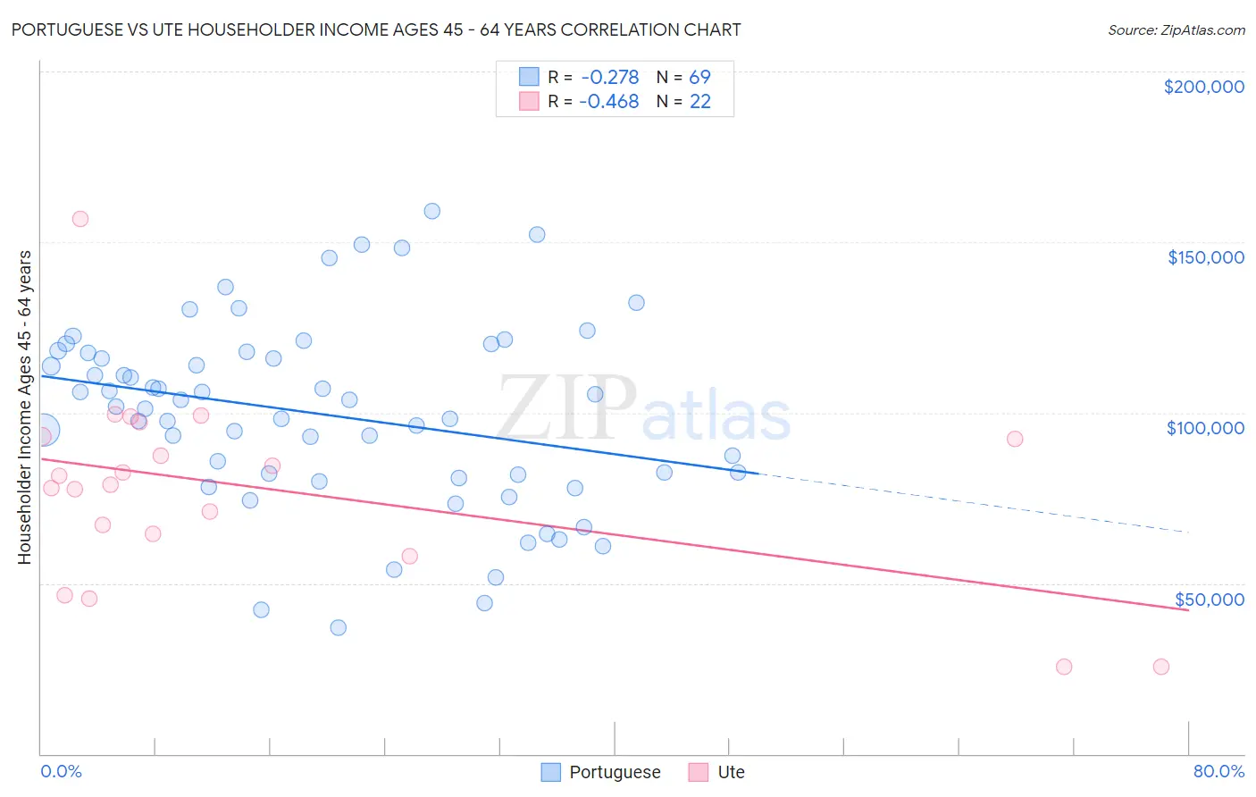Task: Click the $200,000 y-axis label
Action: point(1203,87)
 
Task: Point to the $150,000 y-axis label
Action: point(1205,257)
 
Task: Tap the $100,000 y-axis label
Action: point(1205,428)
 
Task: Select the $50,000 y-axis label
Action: point(1209,599)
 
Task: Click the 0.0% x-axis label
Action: point(61,771)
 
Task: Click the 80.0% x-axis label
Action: point(1218,771)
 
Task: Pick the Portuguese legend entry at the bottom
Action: point(601,772)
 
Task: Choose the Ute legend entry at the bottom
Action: point(716,772)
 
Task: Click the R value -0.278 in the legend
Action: point(609,77)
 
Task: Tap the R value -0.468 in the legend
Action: point(608,101)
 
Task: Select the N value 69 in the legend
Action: point(699,77)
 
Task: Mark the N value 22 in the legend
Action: point(699,101)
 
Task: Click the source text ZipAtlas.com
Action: point(1176,29)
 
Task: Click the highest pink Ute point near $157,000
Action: point(80,219)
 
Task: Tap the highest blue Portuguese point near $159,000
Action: point(431,211)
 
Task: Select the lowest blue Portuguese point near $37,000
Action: point(338,627)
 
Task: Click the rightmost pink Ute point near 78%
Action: point(1160,667)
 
